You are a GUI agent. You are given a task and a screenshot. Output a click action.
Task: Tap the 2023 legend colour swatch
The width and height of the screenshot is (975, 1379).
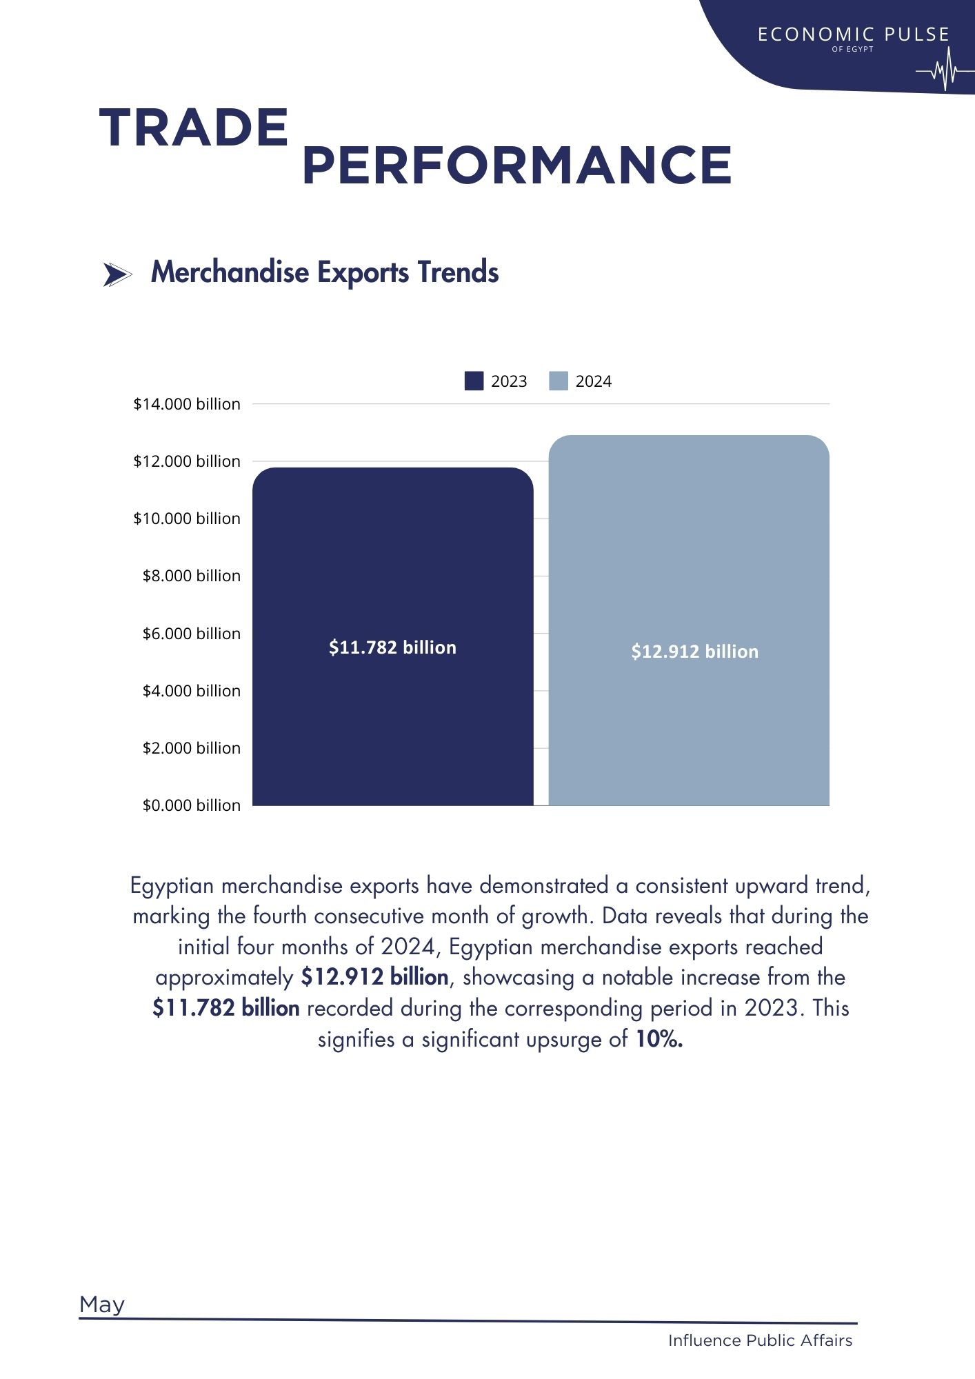coord(474,381)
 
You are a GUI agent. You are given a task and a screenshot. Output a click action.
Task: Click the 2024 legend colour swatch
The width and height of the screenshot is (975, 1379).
coord(559,381)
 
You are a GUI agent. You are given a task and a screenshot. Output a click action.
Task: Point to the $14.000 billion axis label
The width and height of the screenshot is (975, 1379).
coord(187,404)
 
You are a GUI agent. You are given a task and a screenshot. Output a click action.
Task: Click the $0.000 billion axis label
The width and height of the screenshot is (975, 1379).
coord(192,805)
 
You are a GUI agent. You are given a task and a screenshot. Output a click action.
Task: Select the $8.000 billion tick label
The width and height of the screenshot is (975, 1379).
coord(192,576)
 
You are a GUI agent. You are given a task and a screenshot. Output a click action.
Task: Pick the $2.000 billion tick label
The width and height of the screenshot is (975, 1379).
coord(192,748)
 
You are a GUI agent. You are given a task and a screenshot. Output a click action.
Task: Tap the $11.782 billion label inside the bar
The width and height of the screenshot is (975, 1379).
coord(392,647)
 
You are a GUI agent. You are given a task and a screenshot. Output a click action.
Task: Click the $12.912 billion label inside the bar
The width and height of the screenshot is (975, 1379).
coord(694,652)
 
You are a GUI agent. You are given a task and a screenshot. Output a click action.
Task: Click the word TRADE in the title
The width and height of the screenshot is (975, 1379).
coord(194,128)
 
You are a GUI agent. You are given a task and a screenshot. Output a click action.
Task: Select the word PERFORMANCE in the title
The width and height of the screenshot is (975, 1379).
coord(517,165)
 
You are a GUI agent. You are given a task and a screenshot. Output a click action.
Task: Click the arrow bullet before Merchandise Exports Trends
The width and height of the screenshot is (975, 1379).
coord(117,274)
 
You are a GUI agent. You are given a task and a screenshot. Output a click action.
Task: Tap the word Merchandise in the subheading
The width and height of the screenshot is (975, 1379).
coord(230,272)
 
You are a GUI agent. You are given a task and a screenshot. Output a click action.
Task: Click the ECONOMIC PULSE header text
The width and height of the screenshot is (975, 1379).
coord(853,34)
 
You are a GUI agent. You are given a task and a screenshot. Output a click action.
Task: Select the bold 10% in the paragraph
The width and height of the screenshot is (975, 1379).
coord(659,1039)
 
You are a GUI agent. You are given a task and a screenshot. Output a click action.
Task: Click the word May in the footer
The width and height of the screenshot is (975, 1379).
coord(102,1305)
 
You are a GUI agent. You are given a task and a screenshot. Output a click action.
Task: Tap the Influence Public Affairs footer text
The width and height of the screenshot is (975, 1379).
coord(760,1340)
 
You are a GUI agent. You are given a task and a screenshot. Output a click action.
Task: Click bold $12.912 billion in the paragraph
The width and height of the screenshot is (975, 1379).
coord(374,978)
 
